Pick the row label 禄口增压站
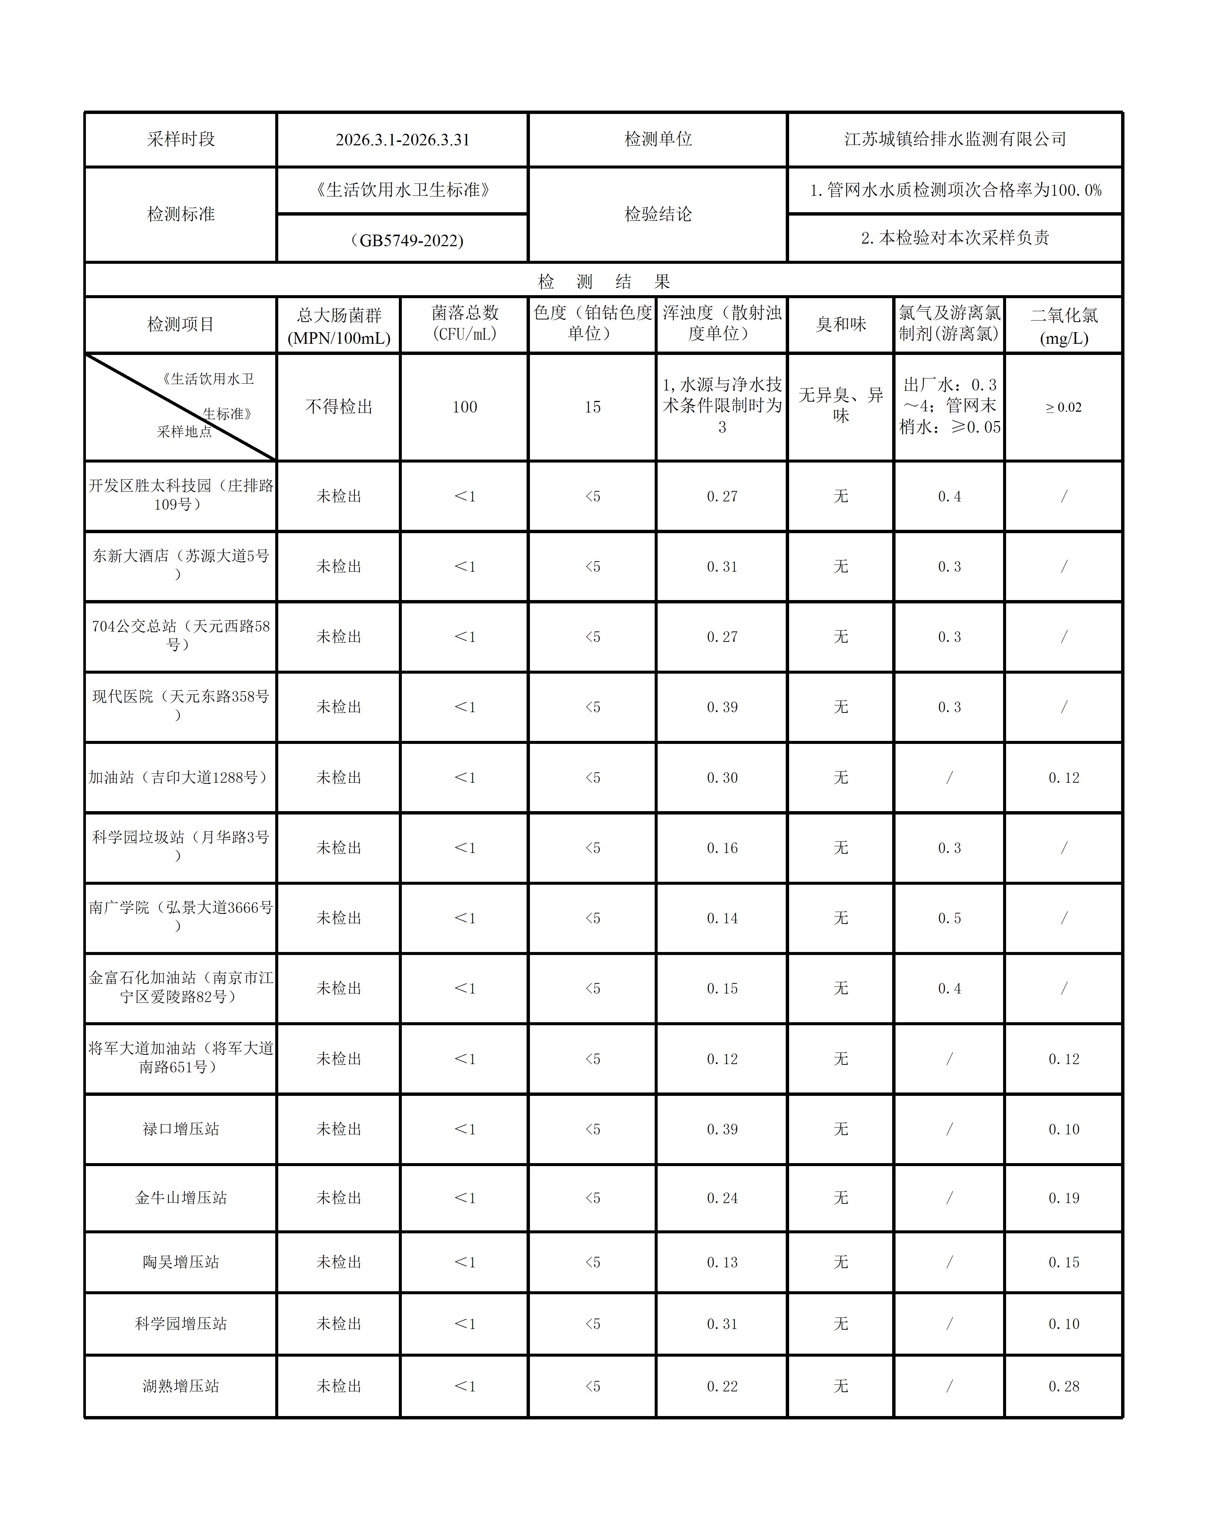click(181, 1129)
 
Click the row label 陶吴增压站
click(181, 1262)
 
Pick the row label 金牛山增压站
click(181, 1198)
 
